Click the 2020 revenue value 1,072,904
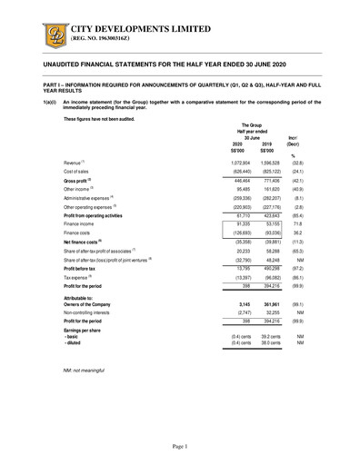click(235, 160)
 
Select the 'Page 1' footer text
click(179, 447)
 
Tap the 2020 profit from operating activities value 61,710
click(238, 213)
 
